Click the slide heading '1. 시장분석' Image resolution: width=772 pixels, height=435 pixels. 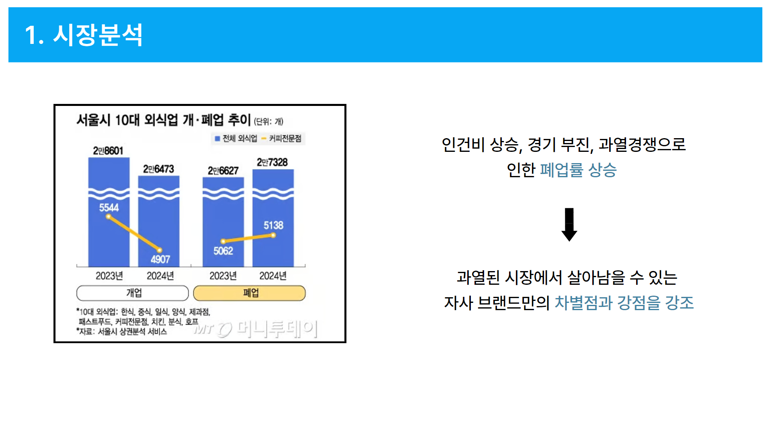pos(84,35)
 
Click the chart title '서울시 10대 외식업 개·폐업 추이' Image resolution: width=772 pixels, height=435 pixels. pos(164,120)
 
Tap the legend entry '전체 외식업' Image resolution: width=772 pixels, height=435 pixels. pos(236,139)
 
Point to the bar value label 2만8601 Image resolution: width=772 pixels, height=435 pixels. pos(108,151)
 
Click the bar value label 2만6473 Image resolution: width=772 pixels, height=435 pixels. pos(158,169)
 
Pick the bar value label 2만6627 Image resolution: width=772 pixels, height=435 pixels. pos(223,171)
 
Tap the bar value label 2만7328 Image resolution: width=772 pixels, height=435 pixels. pos(273,162)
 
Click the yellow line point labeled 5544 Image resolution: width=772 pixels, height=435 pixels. pos(108,217)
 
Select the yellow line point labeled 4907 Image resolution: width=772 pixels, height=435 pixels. pos(160,250)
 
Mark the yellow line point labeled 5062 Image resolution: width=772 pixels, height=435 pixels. pos(223,241)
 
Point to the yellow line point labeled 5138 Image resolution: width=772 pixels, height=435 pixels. pos(273,235)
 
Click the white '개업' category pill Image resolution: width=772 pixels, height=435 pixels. pos(133,293)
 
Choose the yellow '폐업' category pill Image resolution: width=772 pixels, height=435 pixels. pos(249,293)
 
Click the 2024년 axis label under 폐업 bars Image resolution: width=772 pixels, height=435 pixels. pos(273,275)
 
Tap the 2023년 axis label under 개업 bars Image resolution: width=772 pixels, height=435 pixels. pos(109,275)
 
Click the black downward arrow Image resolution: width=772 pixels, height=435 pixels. pos(569,224)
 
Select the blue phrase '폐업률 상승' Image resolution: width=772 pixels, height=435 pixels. pos(578,170)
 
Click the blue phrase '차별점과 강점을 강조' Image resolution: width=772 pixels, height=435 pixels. pos(624,302)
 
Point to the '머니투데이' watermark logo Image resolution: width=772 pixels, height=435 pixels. pos(256,329)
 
